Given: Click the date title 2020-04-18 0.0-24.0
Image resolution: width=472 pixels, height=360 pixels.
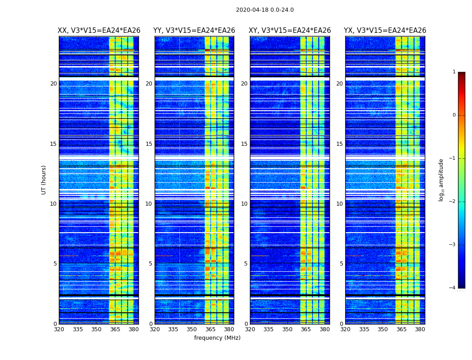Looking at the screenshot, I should (265, 10).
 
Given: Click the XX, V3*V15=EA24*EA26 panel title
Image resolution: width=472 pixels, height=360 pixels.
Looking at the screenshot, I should (99, 31).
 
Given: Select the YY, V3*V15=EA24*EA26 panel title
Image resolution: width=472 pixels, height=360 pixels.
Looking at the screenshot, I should (194, 31).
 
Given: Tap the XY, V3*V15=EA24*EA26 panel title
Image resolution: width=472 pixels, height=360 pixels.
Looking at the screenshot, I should (290, 31).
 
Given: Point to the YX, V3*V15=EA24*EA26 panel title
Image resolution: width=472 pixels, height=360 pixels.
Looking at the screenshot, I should (385, 31).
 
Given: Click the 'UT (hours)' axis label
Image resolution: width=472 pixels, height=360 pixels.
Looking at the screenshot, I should (44, 180).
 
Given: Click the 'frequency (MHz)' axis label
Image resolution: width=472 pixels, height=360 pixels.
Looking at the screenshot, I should (217, 338).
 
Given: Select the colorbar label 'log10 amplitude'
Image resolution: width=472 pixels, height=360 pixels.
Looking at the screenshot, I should (441, 180).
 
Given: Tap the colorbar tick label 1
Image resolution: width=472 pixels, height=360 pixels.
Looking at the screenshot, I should (454, 72).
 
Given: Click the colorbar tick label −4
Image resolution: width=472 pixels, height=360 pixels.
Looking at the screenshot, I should (453, 288).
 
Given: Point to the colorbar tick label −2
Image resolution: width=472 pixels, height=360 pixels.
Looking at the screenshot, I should (453, 202).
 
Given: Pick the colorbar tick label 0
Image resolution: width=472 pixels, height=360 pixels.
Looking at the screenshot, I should (454, 115).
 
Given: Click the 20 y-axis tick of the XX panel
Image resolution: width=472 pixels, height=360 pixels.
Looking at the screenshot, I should (53, 84).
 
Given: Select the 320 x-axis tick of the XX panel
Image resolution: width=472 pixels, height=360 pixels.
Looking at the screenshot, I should (59, 329).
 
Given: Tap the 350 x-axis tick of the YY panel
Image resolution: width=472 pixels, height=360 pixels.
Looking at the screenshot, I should (192, 329).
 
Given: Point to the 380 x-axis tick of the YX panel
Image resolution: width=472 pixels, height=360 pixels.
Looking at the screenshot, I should (420, 329).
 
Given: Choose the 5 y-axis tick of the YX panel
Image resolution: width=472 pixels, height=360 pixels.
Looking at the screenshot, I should (341, 264).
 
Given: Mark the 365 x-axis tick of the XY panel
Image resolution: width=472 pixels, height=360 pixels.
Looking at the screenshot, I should (306, 329).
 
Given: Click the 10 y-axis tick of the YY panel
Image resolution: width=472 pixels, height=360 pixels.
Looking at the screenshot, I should (149, 204).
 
